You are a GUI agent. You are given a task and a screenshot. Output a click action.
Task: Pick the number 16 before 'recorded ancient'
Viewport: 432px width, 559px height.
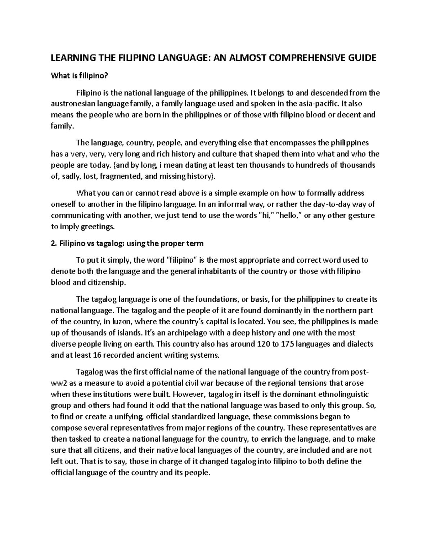coord(97,355)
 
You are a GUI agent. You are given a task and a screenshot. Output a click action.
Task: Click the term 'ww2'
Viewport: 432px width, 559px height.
coord(59,383)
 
